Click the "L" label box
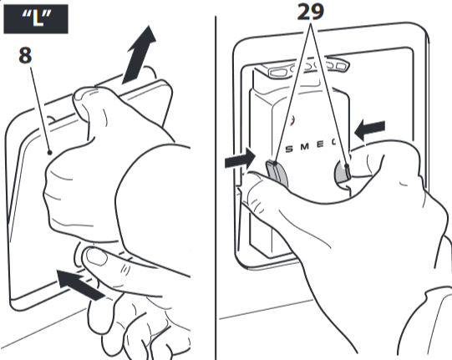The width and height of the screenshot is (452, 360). pos(36,19)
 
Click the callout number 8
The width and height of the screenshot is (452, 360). pos(25,56)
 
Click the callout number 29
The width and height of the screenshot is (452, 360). pos(311,12)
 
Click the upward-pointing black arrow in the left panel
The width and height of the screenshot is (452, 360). pos(140,55)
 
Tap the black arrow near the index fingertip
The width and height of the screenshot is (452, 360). pos(81,285)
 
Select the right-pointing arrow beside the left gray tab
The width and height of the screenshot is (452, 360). pos(240,160)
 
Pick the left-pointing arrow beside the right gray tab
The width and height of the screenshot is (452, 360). pos(369,130)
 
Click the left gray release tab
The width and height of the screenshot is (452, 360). pos(277,173)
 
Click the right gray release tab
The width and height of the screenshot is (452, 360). pos(343,171)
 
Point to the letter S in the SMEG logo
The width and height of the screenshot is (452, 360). pos(289,149)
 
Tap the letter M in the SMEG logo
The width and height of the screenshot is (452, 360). pos(304,146)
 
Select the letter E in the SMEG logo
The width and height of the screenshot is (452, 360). pos(320,145)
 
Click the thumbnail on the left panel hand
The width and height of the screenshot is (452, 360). pos(84,95)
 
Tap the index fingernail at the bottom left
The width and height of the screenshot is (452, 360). pos(97,257)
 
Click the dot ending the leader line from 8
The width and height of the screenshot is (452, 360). pos(50,152)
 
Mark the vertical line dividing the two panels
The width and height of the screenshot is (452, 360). pos(216,187)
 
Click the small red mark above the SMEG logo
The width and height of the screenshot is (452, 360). pos(292,120)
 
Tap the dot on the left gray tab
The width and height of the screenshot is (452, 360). pos(275,164)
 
